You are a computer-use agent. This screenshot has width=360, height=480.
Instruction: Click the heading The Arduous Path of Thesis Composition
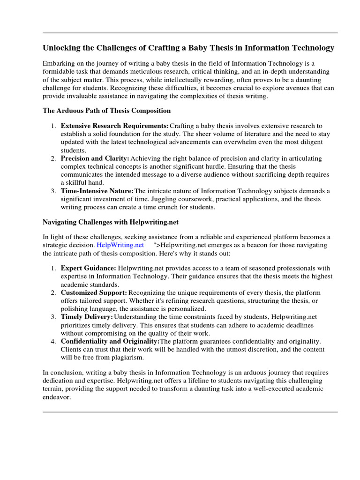coord(107,111)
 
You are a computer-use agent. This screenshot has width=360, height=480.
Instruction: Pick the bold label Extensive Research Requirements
coord(115,126)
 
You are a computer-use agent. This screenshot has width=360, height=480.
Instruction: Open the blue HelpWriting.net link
coord(120,245)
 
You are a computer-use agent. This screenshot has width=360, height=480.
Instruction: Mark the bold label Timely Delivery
coord(87,317)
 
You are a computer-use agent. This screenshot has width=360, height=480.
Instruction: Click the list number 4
coord(53,341)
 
